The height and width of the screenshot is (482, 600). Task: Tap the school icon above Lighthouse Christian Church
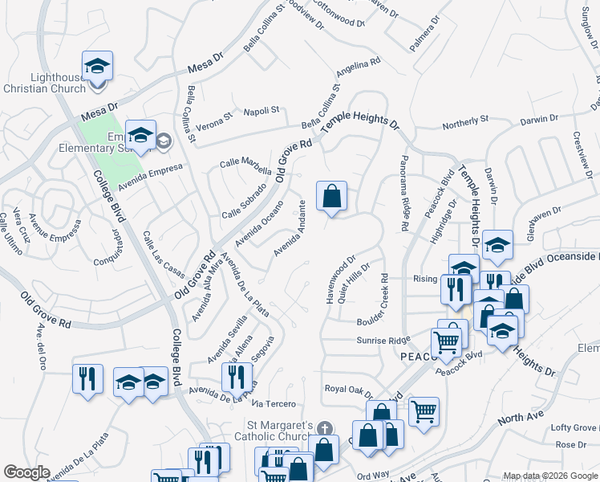pos(97,65)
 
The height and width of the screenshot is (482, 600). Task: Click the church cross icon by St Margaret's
pos(324,428)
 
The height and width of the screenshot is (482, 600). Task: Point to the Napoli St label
pos(261,110)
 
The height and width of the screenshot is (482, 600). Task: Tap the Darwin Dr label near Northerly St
pos(538,119)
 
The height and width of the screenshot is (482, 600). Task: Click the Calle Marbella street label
pos(245,163)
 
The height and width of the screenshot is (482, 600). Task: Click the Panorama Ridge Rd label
pos(406,193)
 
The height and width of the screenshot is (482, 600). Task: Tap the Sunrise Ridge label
pos(383,341)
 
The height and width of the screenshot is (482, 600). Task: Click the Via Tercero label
pos(274,403)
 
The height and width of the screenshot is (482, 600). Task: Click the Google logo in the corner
pos(27,472)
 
